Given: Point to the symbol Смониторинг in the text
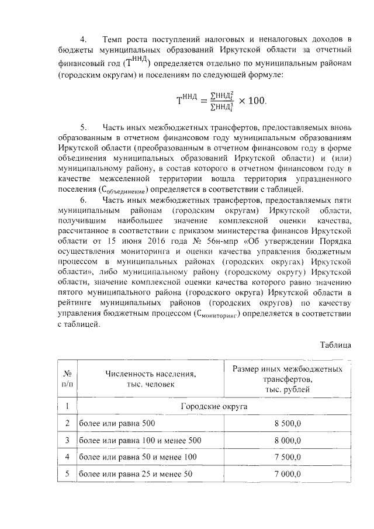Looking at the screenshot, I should click(219, 314).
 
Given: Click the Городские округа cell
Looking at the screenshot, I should click(214, 406).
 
